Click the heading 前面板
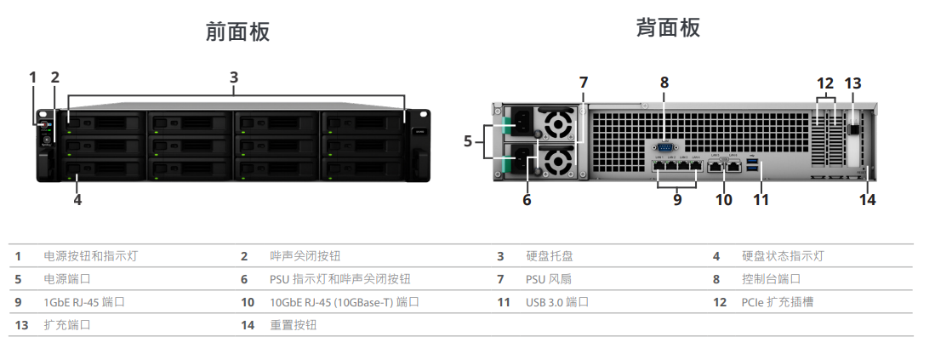point(237,32)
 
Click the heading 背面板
point(668,27)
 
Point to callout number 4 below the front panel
point(77,200)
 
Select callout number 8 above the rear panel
point(664,83)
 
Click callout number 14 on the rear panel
point(867,200)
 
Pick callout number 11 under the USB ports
point(761,200)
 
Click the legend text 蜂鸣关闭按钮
point(305,255)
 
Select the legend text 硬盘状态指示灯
point(783,255)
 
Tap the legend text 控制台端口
point(771,278)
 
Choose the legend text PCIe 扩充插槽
point(778,301)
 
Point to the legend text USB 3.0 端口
point(557,301)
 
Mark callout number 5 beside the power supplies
point(467,141)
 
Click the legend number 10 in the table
point(248,301)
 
